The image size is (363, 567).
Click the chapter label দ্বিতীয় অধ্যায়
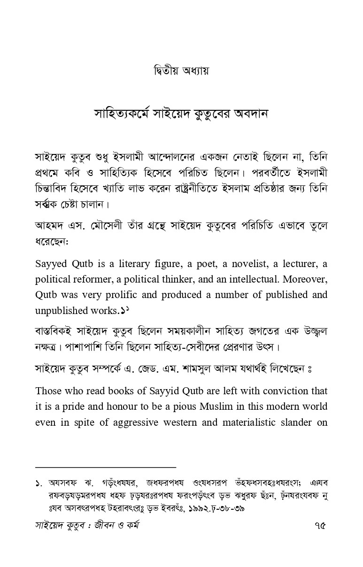click(x=181, y=71)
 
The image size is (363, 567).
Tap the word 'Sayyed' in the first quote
click(x=52, y=263)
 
